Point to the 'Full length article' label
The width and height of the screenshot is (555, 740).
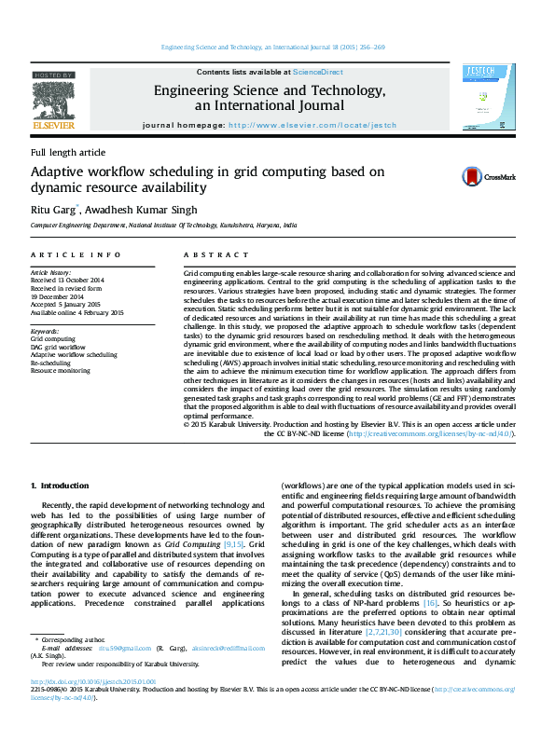coord(68,152)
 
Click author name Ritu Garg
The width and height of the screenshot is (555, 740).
coord(53,211)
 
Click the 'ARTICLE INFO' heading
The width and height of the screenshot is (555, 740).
coord(75,254)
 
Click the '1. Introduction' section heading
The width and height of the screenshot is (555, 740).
coord(60,486)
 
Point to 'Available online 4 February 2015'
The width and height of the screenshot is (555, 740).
coord(76,312)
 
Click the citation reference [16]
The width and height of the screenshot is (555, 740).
coord(430,604)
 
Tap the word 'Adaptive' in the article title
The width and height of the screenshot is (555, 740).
coord(60,172)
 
